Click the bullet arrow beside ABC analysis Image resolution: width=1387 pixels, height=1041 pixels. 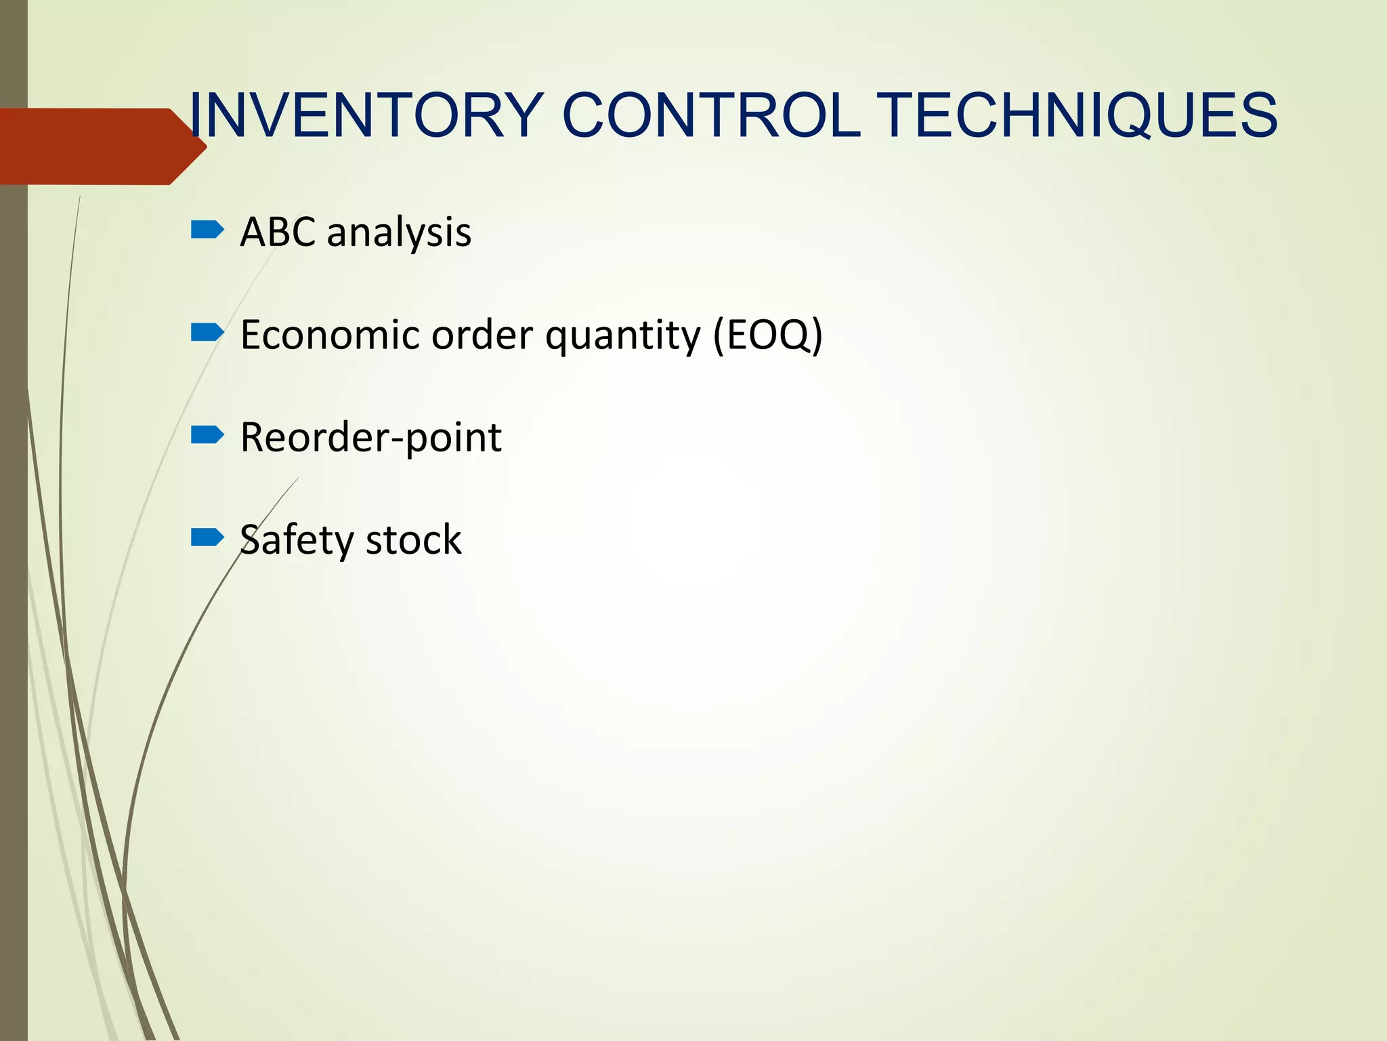[207, 230]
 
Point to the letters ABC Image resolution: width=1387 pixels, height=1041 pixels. [278, 232]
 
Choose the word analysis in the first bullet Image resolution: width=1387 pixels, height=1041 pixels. [399, 233]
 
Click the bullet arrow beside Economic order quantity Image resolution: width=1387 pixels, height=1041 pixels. [207, 332]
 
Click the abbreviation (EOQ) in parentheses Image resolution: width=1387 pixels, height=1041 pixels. [767, 335]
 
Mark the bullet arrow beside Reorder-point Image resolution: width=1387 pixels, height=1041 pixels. [207, 434]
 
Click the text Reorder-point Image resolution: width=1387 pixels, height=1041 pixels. [370, 438]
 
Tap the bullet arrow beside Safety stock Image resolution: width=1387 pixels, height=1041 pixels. [207, 537]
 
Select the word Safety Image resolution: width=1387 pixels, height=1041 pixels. [297, 541]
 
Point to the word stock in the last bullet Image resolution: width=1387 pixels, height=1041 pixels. [413, 540]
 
